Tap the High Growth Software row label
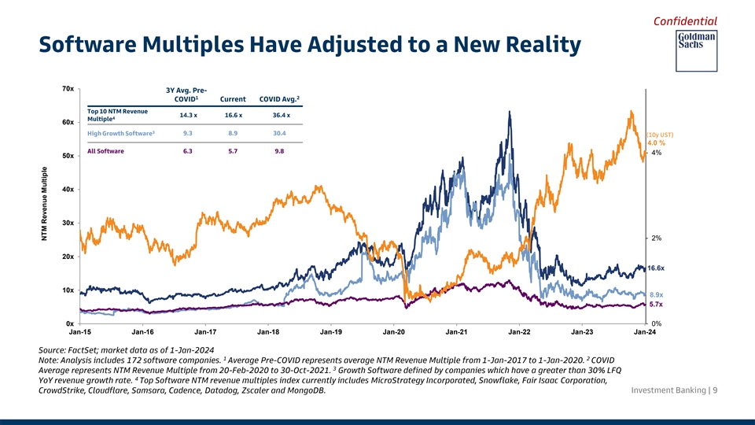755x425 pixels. [x=120, y=133]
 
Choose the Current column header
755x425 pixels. [x=234, y=99]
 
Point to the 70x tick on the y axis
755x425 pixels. [x=68, y=88]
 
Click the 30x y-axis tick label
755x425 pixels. [x=68, y=223]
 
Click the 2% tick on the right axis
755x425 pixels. [x=657, y=238]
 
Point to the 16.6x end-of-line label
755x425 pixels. [x=657, y=268]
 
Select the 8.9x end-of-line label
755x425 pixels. [x=657, y=294]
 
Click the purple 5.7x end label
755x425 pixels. [x=656, y=305]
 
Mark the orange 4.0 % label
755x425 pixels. [x=657, y=142]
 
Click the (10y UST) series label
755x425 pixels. [x=659, y=134]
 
